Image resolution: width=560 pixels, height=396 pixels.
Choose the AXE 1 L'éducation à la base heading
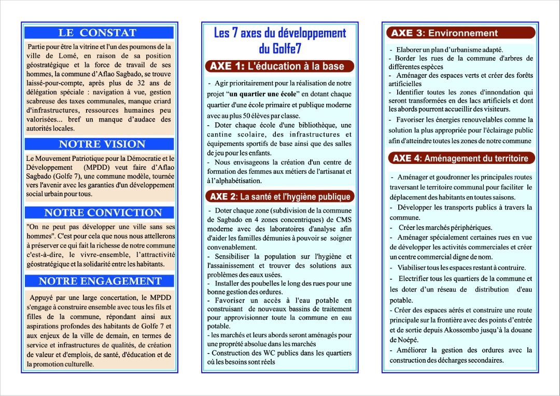tap(281, 66)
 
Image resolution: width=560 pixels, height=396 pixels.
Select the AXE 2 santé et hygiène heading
tap(281, 196)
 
